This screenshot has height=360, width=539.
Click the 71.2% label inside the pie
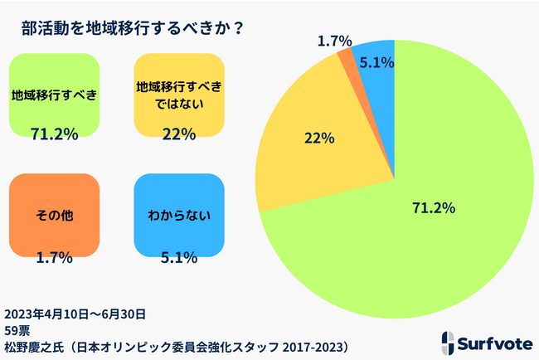tap(434, 207)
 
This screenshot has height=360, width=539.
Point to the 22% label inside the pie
tap(318, 138)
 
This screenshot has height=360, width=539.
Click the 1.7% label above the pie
tap(335, 39)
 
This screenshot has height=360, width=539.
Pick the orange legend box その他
tap(55, 215)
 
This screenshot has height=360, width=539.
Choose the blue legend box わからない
tap(179, 215)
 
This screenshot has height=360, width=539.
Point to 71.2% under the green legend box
tap(54, 133)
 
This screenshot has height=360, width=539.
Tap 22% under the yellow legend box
tap(179, 133)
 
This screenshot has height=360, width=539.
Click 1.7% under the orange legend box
tap(54, 257)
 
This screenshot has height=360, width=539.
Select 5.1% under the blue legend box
tap(179, 257)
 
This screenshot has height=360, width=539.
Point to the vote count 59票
tap(17, 328)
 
